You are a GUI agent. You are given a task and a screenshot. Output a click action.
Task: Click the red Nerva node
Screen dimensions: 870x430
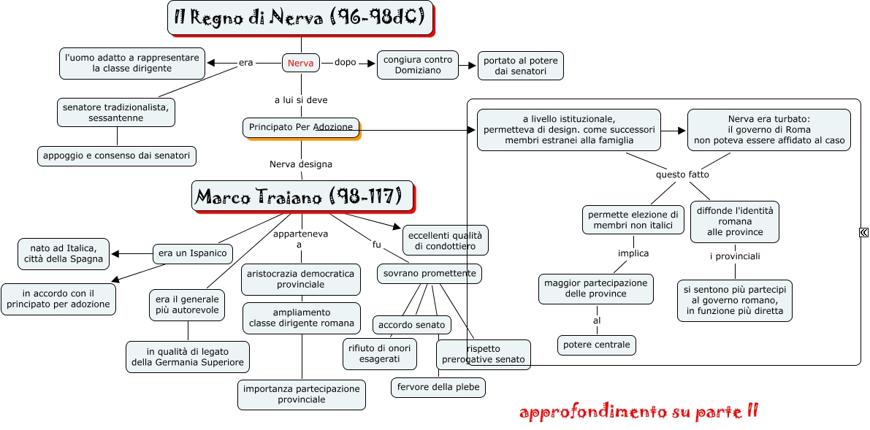[x=301, y=64]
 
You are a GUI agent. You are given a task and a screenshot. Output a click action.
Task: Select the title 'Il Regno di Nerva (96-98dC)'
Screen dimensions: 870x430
[x=300, y=18]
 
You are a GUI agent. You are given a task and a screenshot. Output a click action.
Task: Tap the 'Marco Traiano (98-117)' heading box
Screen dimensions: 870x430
[x=302, y=196]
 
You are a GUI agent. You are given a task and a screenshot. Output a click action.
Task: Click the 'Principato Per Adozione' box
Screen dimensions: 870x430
[x=301, y=127]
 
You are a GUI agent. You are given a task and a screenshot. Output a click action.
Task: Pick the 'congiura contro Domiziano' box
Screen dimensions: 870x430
[x=418, y=64]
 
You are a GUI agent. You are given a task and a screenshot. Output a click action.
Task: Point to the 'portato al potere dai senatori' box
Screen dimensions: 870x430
[x=520, y=66]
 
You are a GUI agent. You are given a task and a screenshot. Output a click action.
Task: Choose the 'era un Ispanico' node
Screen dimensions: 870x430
[x=193, y=253]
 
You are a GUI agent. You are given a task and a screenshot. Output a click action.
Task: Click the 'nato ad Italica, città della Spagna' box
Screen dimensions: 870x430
[x=64, y=253]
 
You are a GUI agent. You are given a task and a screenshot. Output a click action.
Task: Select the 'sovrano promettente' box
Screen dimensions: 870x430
[x=429, y=274]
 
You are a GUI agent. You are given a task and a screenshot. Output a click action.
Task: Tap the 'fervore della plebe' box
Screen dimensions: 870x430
[x=438, y=387]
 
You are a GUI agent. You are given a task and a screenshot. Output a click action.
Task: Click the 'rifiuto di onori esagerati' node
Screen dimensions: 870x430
[x=380, y=353]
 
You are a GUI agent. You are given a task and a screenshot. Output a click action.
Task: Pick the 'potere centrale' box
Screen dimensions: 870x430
[x=597, y=345]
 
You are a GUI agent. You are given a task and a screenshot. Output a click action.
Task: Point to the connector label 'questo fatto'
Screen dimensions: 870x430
[x=682, y=174]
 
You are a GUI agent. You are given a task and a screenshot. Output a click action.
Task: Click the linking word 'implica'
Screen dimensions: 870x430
[x=633, y=253]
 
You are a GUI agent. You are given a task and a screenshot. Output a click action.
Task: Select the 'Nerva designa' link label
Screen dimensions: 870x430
[x=301, y=164]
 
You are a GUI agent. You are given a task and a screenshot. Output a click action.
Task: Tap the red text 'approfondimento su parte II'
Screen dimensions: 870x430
[x=638, y=412]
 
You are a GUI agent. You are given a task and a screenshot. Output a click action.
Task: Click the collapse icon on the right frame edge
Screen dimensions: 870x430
[x=863, y=232]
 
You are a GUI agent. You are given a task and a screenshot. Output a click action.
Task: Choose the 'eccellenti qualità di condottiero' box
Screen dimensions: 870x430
[x=446, y=240]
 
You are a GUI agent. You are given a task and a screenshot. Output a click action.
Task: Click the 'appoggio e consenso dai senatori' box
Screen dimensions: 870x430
[x=117, y=155]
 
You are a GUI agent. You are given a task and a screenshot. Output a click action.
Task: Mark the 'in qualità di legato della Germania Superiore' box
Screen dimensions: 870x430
[x=188, y=356]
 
